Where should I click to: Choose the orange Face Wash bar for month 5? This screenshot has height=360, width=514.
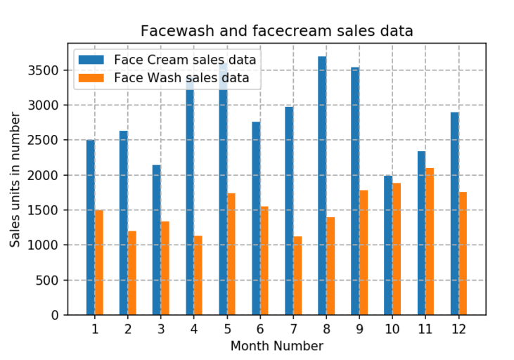231,254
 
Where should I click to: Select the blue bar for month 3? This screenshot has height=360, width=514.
157,240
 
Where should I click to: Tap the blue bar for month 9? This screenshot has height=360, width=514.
355,191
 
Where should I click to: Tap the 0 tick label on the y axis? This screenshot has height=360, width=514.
56,315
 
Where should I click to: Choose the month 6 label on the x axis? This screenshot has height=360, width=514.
260,328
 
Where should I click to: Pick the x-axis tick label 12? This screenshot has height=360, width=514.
458,328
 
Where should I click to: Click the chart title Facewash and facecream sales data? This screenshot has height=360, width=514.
276,31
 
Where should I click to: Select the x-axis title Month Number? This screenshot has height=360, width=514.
276,346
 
